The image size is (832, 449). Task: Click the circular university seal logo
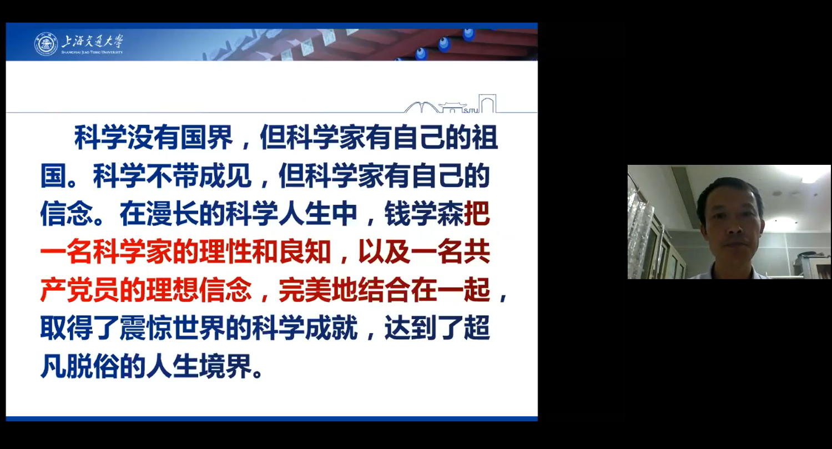point(46,44)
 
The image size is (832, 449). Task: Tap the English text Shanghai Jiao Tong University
point(92,52)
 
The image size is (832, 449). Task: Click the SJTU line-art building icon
point(450,104)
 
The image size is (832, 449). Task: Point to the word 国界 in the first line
point(206,137)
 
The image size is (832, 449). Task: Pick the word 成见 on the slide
point(225,176)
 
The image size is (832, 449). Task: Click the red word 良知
point(305,253)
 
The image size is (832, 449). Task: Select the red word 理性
point(225,253)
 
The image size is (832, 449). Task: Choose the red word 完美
point(305,290)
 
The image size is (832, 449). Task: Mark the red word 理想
point(173,290)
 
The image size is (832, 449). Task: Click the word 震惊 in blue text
point(146,329)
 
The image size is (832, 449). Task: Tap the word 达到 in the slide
point(411,329)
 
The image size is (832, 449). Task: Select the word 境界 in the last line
point(225,366)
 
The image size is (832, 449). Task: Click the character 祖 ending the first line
point(485,137)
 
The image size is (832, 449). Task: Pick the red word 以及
point(384,253)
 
